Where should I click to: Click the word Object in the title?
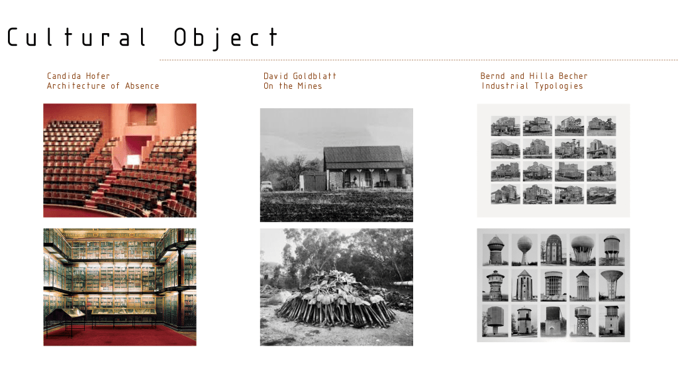226,37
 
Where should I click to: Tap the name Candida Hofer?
79,76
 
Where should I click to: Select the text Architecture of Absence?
103,86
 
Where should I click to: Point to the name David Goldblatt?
300,76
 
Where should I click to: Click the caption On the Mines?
293,86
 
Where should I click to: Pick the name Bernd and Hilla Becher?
534,76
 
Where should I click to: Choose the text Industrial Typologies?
532,86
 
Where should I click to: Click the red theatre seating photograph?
120,160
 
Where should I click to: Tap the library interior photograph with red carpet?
120,286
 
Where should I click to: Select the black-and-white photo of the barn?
336,164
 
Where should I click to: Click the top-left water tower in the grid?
495,249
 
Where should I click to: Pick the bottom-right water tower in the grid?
611,320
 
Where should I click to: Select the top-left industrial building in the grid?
505,126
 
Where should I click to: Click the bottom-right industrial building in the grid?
601,194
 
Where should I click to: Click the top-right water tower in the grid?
611,249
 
